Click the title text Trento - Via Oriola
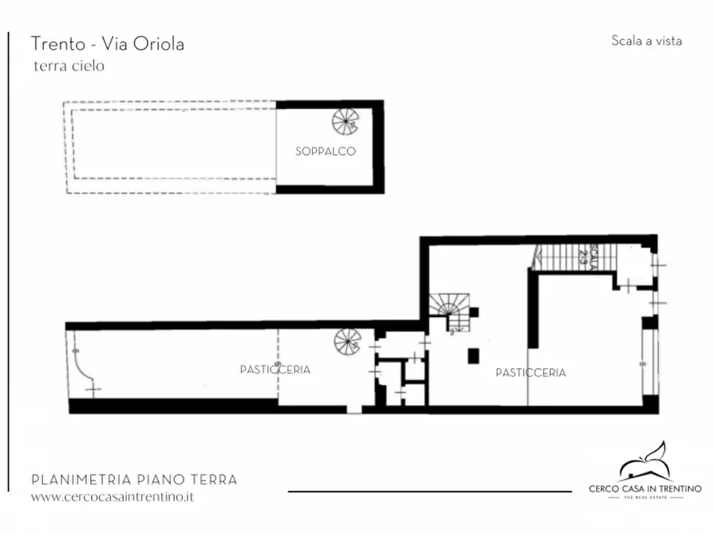(x=107, y=44)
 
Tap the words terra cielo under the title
(x=69, y=66)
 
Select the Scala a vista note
(x=646, y=41)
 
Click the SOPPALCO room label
(x=325, y=151)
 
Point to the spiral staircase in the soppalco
(x=347, y=121)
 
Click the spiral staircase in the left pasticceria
(x=347, y=343)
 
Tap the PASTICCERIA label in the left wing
(x=275, y=370)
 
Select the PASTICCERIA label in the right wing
(x=530, y=372)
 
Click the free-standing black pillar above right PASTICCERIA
(x=473, y=355)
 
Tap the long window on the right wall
(x=648, y=363)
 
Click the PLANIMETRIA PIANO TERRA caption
(x=133, y=480)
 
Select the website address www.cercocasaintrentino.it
(x=112, y=497)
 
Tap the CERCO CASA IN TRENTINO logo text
(x=644, y=488)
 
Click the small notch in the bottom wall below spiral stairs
(x=353, y=410)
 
